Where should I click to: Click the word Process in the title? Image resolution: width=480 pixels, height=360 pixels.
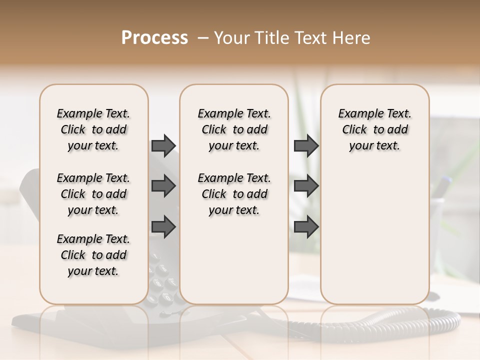pos(154,38)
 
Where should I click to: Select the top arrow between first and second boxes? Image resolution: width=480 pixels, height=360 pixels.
pos(163,145)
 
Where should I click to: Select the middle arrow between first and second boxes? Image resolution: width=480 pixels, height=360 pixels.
pos(163,186)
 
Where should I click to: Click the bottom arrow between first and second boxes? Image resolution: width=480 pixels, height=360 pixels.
pos(163,226)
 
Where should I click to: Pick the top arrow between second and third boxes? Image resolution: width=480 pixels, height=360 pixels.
pos(306,145)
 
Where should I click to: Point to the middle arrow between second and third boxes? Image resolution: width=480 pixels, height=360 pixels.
pos(306,186)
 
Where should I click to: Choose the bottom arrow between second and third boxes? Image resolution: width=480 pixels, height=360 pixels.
pos(306,226)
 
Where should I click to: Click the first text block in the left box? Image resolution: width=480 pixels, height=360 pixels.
pos(93,129)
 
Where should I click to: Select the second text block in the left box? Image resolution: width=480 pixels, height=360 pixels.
pos(93,194)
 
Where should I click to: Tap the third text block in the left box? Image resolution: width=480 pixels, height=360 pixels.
pos(93,255)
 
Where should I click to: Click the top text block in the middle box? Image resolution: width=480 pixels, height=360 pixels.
pos(234,129)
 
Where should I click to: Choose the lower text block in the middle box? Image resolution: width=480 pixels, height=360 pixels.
pos(234,194)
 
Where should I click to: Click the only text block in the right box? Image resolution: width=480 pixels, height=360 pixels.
pos(374,129)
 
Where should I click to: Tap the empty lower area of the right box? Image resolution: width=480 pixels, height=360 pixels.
pos(374,240)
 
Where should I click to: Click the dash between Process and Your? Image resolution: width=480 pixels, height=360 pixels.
pos(202,38)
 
